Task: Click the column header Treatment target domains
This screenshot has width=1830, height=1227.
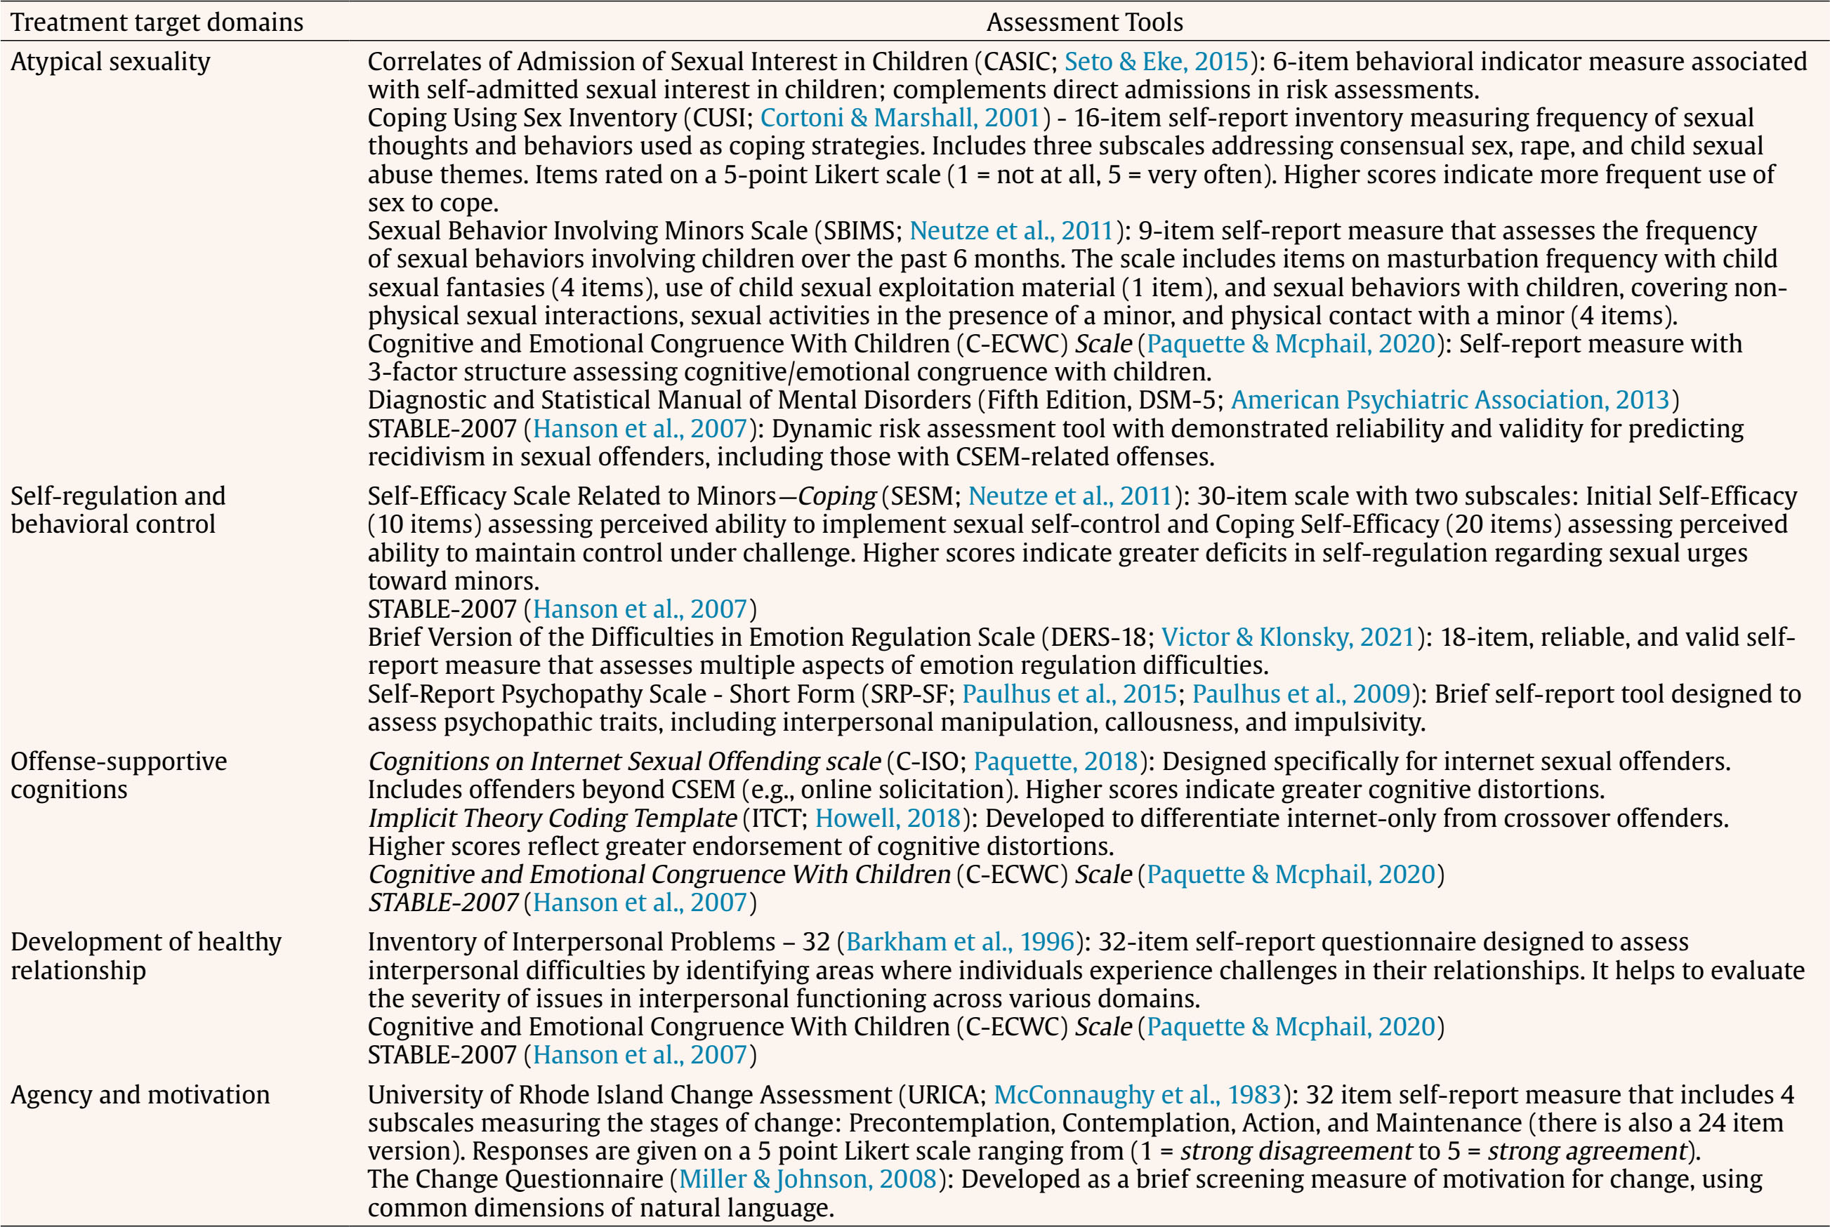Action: [157, 22]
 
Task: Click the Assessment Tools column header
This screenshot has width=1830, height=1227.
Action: [1084, 22]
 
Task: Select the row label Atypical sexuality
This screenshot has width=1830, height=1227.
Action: [110, 61]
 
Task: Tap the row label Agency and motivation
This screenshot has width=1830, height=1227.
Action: [140, 1094]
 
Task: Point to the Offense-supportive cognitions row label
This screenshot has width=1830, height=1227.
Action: [118, 775]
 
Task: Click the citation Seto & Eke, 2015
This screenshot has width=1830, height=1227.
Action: [1156, 61]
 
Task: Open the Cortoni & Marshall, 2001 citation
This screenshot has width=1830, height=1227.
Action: [900, 117]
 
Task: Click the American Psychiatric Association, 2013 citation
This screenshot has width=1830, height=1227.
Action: [1449, 400]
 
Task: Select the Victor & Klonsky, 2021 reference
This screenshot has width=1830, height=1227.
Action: [1289, 637]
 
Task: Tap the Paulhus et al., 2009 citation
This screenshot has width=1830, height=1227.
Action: [1300, 694]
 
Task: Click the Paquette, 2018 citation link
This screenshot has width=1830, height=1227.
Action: [1055, 761]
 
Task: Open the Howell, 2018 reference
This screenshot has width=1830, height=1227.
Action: [888, 818]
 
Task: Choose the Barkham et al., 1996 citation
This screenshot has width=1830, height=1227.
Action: [960, 941]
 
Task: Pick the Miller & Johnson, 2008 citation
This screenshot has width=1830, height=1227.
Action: [808, 1179]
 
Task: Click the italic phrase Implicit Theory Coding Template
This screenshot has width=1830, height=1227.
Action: [552, 818]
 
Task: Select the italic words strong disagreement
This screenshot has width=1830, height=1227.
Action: [1296, 1150]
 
